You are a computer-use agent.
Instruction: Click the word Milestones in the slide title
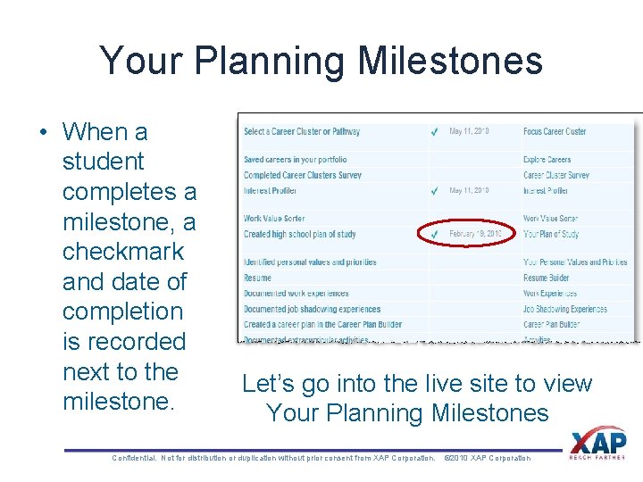[x=450, y=61]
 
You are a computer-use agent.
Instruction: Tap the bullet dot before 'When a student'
[x=44, y=132]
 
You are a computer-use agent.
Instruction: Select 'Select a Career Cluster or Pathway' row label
[x=301, y=131]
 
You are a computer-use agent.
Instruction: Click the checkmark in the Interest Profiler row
[x=434, y=191]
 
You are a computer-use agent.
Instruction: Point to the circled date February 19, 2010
[x=474, y=234]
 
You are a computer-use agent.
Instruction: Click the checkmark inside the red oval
[x=434, y=234]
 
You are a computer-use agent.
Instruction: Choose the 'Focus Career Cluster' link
[x=555, y=131]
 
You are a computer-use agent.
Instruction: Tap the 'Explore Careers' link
[x=547, y=160]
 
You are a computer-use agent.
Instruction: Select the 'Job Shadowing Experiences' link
[x=564, y=309]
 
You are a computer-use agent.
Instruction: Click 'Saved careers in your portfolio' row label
[x=296, y=160]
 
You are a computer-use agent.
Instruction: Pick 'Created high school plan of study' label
[x=299, y=234]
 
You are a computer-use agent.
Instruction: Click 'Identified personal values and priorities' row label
[x=309, y=262]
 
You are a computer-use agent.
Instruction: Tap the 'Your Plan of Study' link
[x=550, y=234]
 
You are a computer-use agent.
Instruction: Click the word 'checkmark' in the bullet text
[x=122, y=252]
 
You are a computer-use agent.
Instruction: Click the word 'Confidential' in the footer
[x=134, y=458]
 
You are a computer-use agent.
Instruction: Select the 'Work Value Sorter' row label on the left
[x=273, y=218]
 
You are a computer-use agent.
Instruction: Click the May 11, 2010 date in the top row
[x=469, y=131]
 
